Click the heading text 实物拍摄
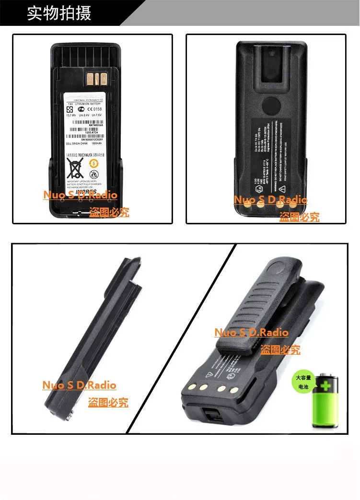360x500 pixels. tap(58, 13)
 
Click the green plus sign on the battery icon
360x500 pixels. tap(326, 386)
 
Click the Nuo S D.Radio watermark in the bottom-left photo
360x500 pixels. tap(79, 385)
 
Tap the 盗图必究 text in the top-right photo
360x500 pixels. tap(299, 217)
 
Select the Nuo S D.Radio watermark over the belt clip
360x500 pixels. tap(251, 332)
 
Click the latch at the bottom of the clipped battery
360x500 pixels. tap(214, 415)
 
